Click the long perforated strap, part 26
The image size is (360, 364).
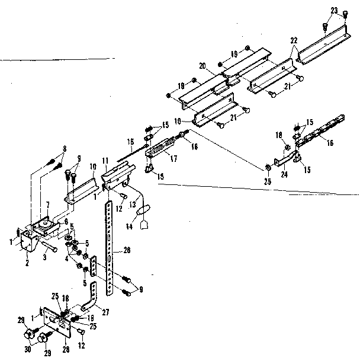pos(109,249)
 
